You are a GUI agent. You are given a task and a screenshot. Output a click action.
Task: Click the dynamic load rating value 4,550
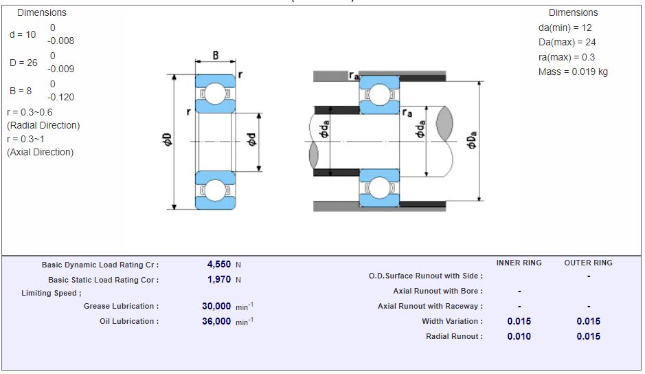219,265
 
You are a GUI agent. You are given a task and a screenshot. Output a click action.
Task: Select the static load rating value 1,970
219,280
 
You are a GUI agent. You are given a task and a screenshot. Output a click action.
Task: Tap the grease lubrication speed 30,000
216,307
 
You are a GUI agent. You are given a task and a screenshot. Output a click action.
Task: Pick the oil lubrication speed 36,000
216,321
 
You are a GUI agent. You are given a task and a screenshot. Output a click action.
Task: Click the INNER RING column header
519,263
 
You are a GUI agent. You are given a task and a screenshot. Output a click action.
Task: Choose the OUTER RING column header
588,263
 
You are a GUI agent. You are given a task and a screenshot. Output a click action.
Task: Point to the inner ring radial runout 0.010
519,336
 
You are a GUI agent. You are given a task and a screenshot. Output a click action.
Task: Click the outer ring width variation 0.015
588,321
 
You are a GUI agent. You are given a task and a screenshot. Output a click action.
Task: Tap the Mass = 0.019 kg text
573,71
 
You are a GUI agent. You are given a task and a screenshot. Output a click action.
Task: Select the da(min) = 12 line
565,28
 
